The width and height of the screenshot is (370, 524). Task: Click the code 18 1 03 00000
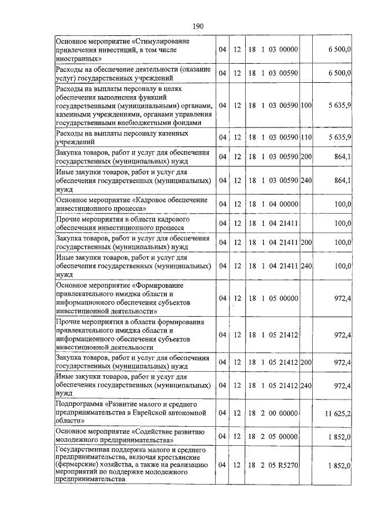[x=273, y=50]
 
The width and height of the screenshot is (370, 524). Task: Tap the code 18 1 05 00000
[x=273, y=298]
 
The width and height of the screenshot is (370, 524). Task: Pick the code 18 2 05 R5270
[x=273, y=465]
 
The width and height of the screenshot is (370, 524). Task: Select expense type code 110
[x=306, y=137]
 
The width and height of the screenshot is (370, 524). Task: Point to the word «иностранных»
[x=78, y=58]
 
